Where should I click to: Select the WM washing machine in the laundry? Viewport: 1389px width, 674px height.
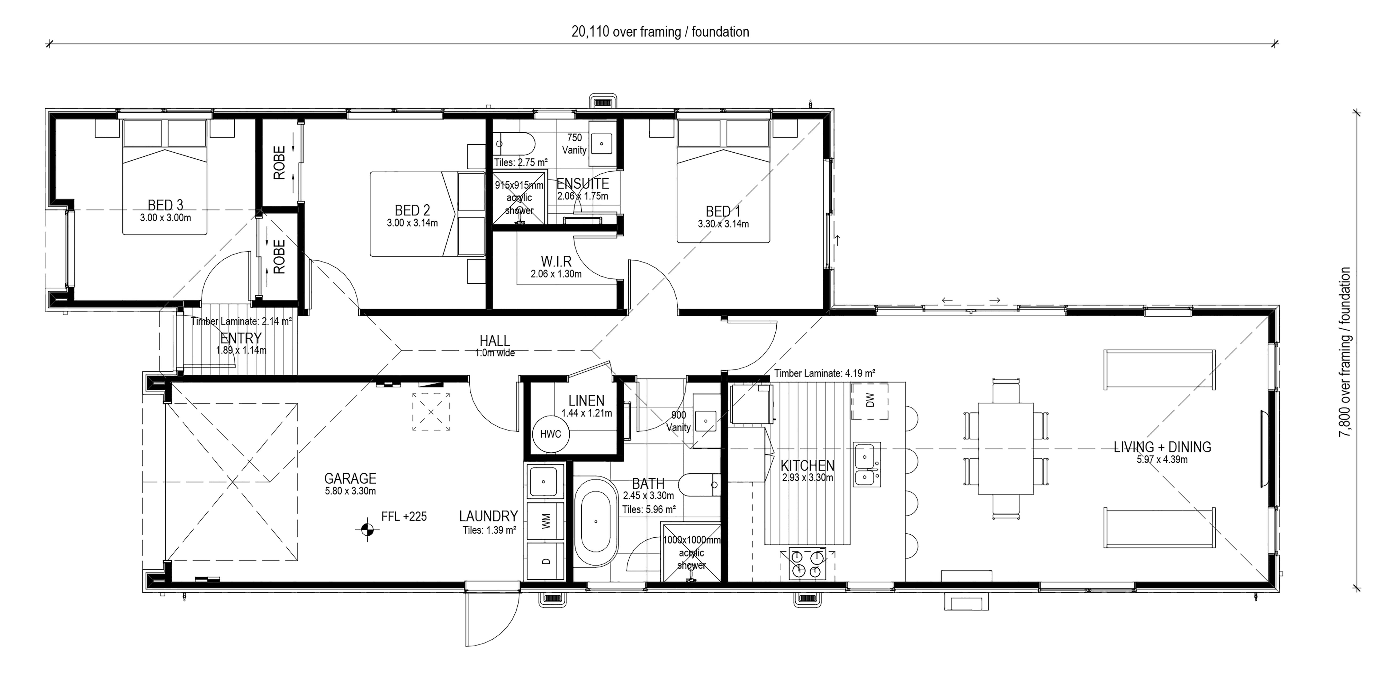click(546, 521)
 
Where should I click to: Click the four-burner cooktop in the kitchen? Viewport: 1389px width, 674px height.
click(807, 564)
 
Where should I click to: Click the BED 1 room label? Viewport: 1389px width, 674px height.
click(723, 211)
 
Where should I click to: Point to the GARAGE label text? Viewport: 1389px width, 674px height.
click(350, 478)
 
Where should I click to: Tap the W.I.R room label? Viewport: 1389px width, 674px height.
click(556, 262)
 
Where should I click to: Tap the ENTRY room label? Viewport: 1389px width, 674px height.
click(241, 338)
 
